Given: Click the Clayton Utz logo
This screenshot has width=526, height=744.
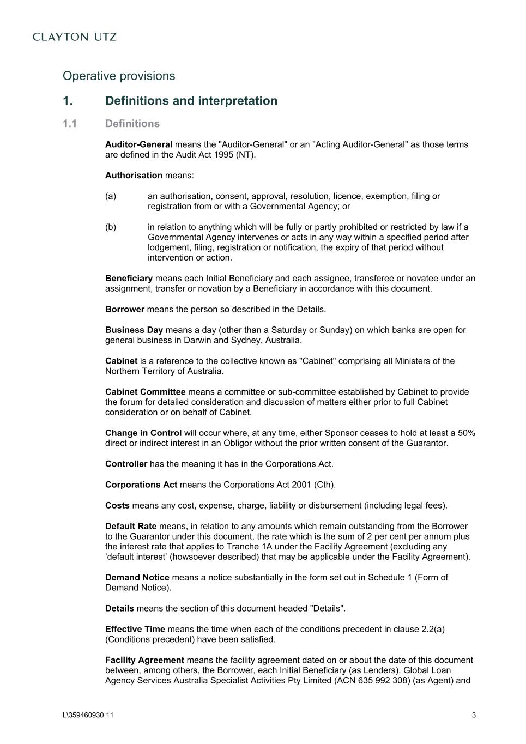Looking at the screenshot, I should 75,37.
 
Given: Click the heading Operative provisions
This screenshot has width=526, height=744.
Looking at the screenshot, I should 119,76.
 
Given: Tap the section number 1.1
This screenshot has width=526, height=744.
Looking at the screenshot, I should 70,124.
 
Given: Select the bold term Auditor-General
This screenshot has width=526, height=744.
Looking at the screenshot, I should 138,144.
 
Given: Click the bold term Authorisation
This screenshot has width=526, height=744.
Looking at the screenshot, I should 134,176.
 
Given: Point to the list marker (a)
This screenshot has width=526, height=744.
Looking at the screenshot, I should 111,196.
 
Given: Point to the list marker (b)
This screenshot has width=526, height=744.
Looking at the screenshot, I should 111,227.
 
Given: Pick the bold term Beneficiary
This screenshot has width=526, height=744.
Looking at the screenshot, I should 129,279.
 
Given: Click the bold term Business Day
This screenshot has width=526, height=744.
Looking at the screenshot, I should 134,330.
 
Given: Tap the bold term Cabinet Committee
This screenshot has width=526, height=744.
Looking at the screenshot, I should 145,392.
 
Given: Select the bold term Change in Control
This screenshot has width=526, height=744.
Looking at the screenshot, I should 143,433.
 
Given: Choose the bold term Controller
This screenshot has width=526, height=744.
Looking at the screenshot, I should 126,464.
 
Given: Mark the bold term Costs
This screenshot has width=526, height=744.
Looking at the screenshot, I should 117,505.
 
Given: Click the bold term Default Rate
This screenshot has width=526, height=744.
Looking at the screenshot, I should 131,527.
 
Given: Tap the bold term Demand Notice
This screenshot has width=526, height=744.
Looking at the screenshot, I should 137,578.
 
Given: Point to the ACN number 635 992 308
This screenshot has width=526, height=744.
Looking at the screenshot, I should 381,680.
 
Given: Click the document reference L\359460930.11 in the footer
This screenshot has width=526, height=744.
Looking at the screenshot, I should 88,716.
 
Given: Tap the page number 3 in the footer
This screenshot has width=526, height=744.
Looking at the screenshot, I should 474,716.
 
